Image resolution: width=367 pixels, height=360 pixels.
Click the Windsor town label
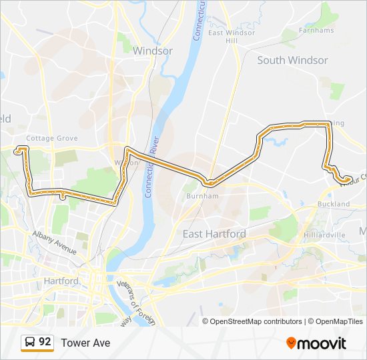pyautogui.click(x=153, y=51)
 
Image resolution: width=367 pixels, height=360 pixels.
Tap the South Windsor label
pyautogui.click(x=292, y=60)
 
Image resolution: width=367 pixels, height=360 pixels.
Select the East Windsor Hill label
pyautogui.click(x=232, y=37)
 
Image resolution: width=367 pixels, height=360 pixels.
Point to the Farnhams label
pyautogui.click(x=316, y=30)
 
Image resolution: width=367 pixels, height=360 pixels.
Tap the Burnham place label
pyautogui.click(x=202, y=197)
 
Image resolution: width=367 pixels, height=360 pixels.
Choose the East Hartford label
pyautogui.click(x=214, y=234)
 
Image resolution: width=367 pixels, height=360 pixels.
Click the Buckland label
pyautogui.click(x=334, y=204)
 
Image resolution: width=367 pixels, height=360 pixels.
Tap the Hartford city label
pyautogui.click(x=61, y=281)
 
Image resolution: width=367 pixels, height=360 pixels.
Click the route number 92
pyautogui.click(x=45, y=342)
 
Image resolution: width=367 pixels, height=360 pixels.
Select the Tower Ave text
pyautogui.click(x=85, y=343)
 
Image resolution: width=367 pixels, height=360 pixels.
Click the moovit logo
pyautogui.click(x=316, y=343)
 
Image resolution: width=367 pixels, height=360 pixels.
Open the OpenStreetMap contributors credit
pyautogui.click(x=256, y=321)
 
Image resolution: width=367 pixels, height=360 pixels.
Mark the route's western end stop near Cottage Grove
pyautogui.click(x=17, y=151)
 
